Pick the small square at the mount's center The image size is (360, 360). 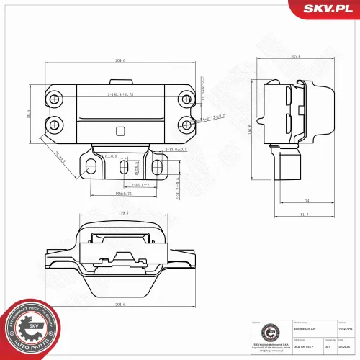pyautogui.click(x=120, y=130)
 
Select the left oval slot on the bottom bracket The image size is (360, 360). pyautogui.click(x=90, y=167)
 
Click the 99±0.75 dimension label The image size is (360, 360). pyautogui.click(x=122, y=194)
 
